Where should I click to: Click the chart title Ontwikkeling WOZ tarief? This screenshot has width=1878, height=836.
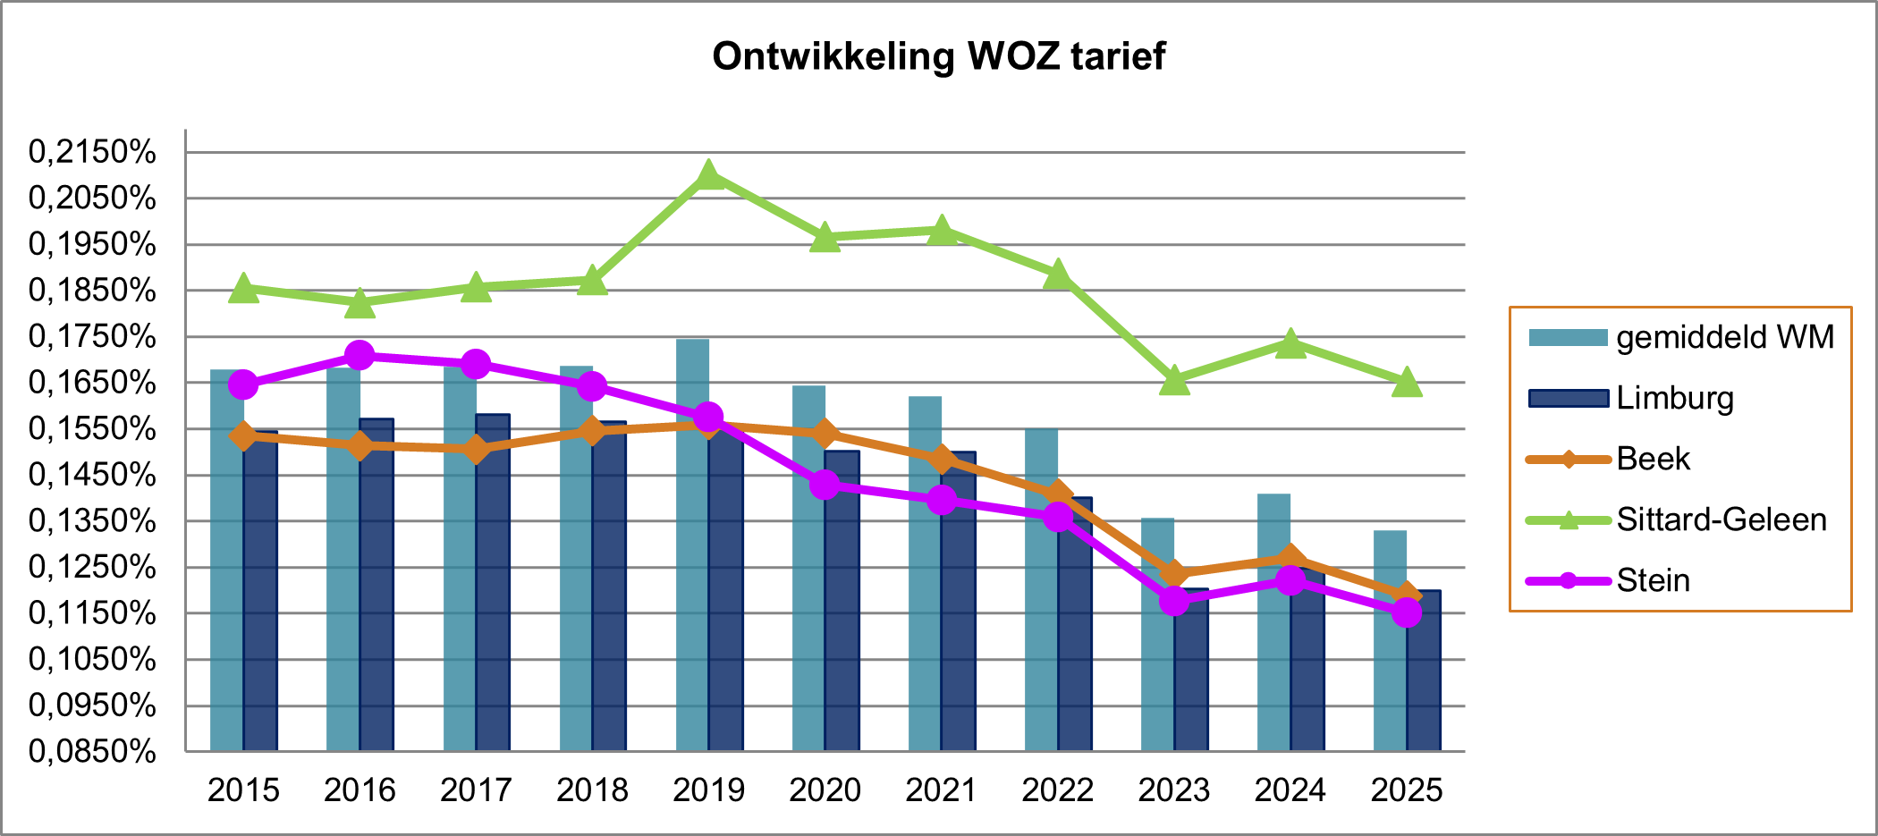click(938, 56)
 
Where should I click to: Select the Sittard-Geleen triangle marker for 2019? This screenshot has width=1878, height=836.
click(708, 175)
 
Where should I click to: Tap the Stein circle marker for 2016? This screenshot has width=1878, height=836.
click(360, 355)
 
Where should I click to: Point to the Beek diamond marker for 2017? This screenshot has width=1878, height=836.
click(476, 449)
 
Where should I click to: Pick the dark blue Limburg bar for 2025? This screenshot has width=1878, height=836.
click(1424, 671)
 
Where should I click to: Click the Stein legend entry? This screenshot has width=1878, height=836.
click(1653, 580)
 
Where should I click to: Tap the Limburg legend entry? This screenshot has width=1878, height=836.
click(1674, 398)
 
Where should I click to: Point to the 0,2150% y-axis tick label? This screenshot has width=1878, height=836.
click(92, 152)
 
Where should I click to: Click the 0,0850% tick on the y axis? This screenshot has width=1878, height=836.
click(92, 751)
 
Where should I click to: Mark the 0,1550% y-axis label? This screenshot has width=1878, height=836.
click(92, 429)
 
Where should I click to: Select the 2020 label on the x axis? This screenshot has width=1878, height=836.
click(825, 790)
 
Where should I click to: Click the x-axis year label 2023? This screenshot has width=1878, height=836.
click(1173, 790)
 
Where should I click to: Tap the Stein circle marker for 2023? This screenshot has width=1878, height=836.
click(1174, 600)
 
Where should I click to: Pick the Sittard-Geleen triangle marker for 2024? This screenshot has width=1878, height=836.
click(1290, 343)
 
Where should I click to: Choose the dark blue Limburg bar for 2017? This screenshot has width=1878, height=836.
click(493, 581)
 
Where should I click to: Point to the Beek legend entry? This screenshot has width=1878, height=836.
click(1653, 459)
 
